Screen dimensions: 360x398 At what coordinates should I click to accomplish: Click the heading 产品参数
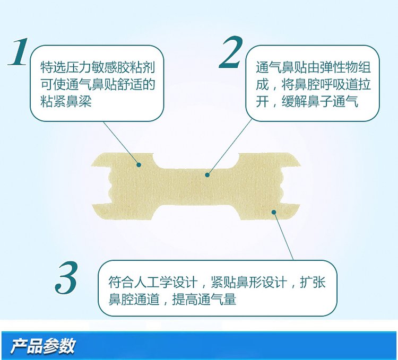[x=43, y=346]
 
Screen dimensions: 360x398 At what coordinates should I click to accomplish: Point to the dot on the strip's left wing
[x=139, y=164]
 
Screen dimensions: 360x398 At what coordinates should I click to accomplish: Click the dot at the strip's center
[x=207, y=174]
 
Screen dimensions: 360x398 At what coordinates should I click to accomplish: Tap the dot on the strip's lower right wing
[x=274, y=212]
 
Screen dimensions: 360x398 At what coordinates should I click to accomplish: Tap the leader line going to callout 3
[x=284, y=236]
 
